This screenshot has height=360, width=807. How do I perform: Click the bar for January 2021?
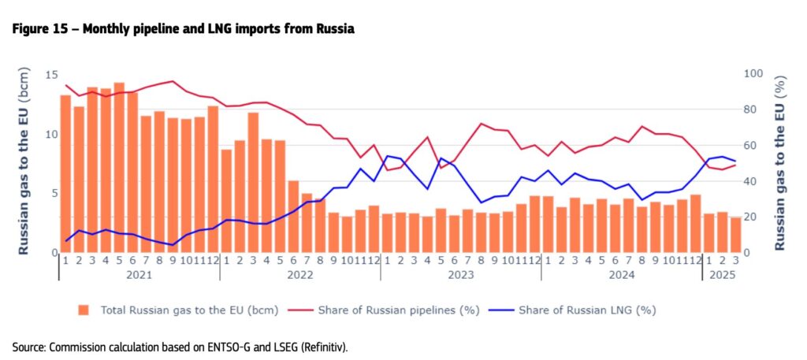[65, 174]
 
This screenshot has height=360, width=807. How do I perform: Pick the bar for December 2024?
[695, 224]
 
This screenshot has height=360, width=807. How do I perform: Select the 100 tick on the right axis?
[754, 74]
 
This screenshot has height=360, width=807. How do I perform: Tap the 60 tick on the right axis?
[752, 146]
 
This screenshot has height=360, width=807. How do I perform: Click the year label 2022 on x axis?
[299, 275]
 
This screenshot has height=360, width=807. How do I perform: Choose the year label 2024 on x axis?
[621, 275]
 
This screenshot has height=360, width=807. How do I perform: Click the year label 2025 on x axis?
[722, 275]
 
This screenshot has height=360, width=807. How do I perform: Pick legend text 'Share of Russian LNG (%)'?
[587, 310]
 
